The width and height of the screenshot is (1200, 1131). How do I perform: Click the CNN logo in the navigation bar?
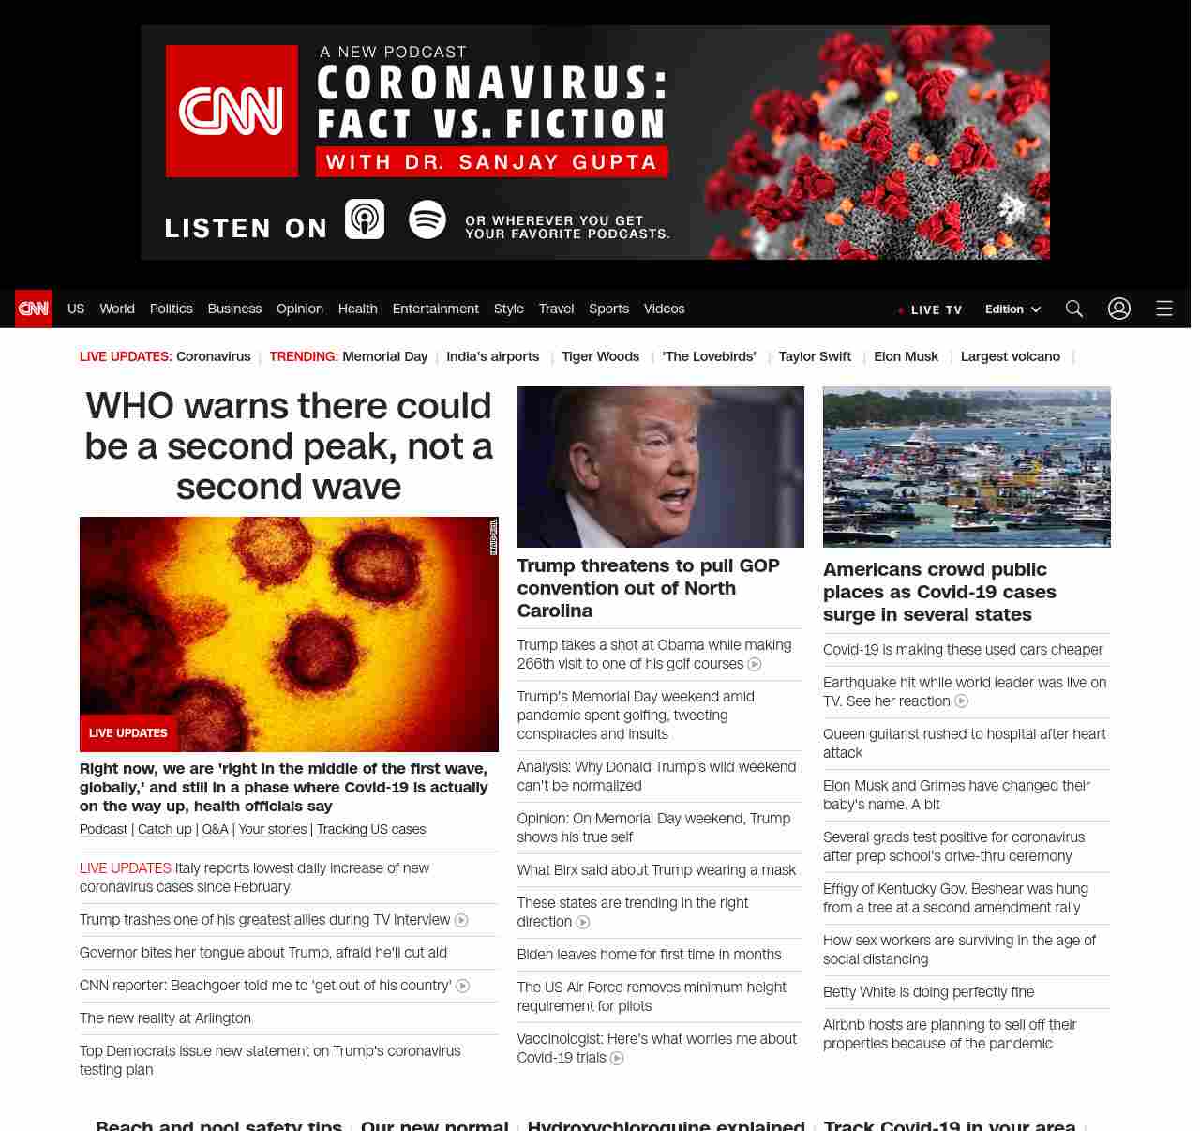34,309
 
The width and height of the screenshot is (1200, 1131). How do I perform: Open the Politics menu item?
171,309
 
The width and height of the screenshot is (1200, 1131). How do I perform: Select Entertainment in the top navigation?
435,309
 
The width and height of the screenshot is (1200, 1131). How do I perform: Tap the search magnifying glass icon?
1074,309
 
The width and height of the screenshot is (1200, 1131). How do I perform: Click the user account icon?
1119,309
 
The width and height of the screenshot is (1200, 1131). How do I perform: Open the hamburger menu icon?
1164,309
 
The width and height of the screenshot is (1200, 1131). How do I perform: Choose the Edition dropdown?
1012,309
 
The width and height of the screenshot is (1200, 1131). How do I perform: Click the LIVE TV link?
930,309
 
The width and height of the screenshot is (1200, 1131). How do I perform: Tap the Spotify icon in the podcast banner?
427,219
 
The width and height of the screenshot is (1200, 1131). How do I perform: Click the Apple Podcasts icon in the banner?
365,219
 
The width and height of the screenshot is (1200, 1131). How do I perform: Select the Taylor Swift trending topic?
815,356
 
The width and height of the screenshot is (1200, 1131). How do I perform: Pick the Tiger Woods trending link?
600,356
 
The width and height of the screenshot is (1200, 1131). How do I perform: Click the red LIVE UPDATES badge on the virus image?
128,733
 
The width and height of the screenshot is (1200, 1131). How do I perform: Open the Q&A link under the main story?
215,829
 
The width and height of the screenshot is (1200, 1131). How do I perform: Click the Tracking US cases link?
371,829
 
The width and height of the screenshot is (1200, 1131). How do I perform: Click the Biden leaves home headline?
649,955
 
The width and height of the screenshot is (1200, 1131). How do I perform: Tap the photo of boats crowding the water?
967,466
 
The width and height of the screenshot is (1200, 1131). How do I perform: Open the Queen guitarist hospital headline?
964,744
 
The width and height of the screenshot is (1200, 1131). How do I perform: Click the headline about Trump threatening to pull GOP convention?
648,588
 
